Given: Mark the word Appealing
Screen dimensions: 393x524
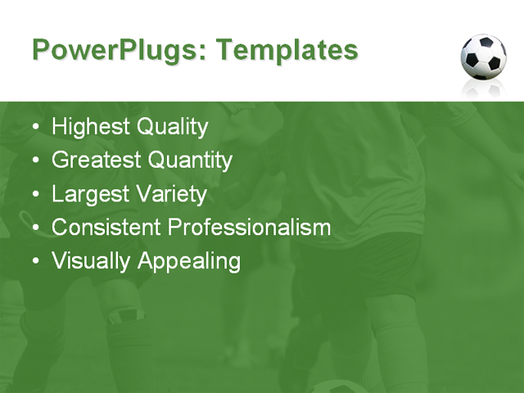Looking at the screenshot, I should click(189, 261).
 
